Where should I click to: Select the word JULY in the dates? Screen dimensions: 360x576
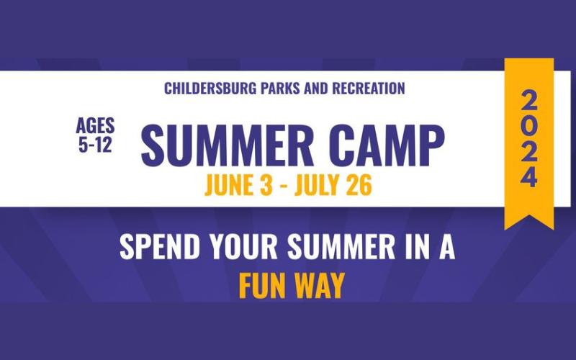323,185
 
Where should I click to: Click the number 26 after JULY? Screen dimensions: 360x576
359,185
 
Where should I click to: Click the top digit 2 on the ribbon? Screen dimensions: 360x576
529,99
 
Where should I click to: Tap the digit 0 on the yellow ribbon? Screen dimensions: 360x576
529,125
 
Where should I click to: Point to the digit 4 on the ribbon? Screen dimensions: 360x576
529,176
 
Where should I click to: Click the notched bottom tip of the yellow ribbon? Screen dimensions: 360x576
529,220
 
